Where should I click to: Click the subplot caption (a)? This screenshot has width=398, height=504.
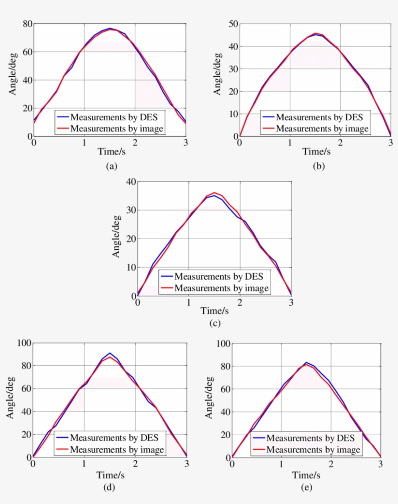(111, 166)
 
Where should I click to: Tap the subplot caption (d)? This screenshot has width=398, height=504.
(109, 488)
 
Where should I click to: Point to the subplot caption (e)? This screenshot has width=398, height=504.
(306, 488)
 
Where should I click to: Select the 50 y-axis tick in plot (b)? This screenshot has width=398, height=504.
(233, 24)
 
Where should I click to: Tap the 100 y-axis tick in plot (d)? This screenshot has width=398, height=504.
(24, 343)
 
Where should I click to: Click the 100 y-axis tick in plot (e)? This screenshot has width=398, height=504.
(224, 343)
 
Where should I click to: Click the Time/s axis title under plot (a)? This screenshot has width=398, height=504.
(110, 151)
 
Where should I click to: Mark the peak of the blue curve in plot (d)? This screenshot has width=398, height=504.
(110, 353)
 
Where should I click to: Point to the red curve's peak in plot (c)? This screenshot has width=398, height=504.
(215, 193)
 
